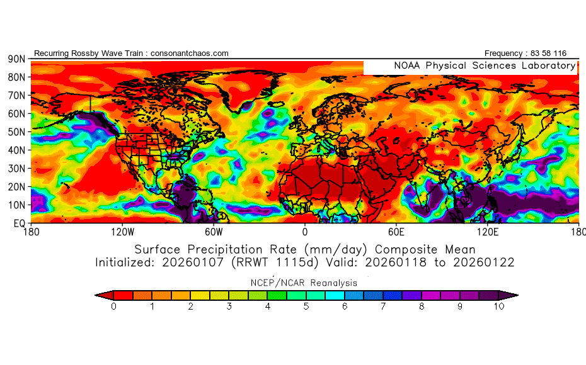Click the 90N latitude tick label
(16, 59)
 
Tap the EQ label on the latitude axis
(18, 223)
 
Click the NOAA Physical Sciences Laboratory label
(485, 66)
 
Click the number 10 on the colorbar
(499, 306)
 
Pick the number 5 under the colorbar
(306, 306)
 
